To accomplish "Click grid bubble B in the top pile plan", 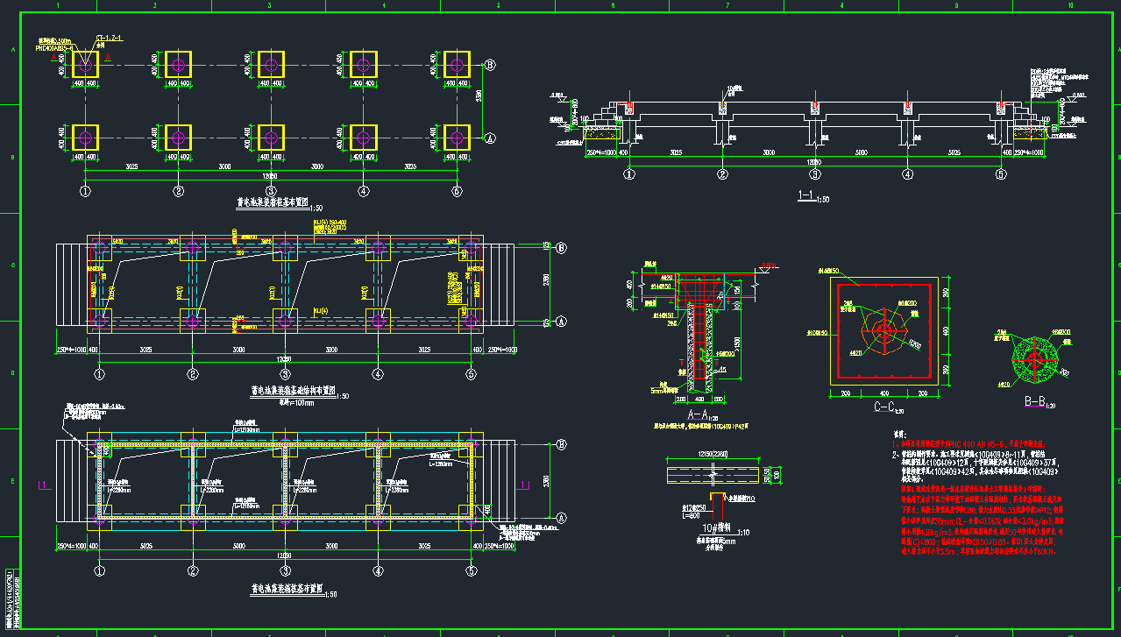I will coord(490,65).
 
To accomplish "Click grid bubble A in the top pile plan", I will coord(490,138).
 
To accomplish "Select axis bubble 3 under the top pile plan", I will coord(271,190).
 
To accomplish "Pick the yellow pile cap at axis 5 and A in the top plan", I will coord(456,138).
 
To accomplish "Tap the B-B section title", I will coord(1037,402).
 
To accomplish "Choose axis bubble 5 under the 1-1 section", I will coord(1001,174).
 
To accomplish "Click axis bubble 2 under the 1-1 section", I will coord(722,174).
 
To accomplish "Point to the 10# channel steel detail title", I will coord(719,527).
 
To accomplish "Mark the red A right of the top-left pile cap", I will coord(108,57).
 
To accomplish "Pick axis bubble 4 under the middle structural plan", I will coord(378,374).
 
